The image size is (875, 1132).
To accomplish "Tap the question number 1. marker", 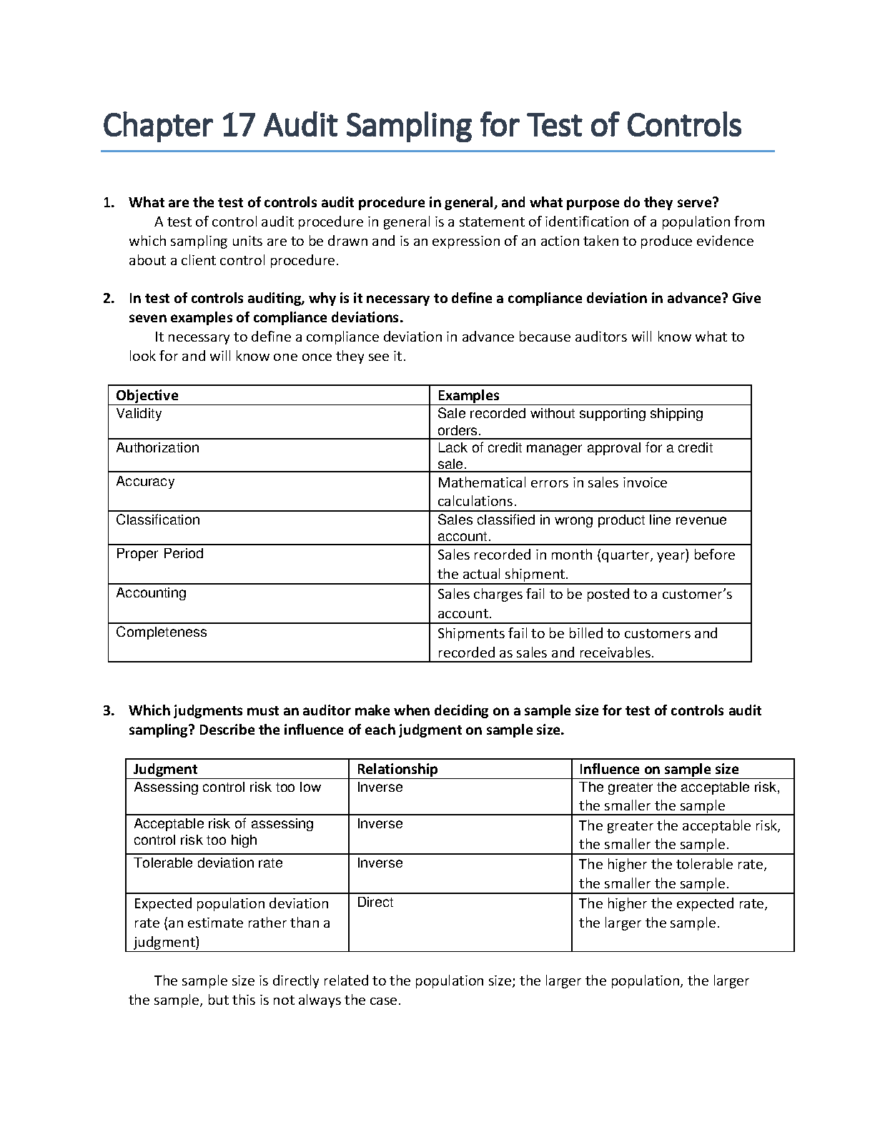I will click(x=109, y=202).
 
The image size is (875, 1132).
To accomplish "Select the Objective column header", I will click(x=147, y=395).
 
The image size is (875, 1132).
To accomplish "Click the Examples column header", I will click(x=468, y=395).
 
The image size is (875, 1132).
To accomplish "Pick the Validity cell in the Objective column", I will click(x=139, y=413).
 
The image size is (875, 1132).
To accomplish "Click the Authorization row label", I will click(x=157, y=447).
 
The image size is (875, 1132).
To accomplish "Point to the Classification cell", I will click(x=158, y=520).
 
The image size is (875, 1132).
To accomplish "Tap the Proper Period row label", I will click(x=159, y=553).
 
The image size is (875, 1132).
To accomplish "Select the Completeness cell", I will click(x=161, y=632).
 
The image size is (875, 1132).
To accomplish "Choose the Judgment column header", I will click(x=165, y=769).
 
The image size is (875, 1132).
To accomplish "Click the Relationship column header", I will click(x=397, y=769).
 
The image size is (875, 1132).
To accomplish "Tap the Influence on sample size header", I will click(x=658, y=769).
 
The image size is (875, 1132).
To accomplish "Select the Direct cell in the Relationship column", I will click(x=375, y=902).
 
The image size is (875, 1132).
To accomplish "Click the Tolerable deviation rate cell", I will click(x=208, y=863).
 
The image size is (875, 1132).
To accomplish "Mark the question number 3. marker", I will click(x=109, y=710).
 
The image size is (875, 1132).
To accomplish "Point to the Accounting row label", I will click(x=151, y=592).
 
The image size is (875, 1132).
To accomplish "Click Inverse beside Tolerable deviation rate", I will click(x=380, y=863).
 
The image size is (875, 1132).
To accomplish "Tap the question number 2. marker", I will click(x=109, y=298).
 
